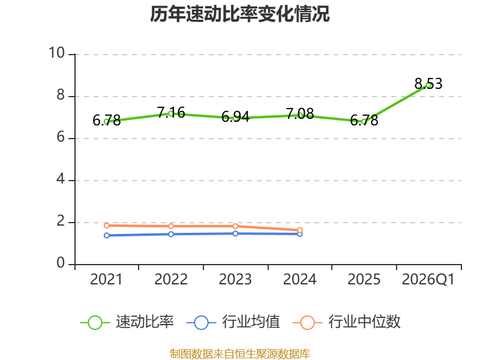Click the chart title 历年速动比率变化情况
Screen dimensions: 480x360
(x=239, y=14)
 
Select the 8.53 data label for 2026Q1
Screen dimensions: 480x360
(x=428, y=83)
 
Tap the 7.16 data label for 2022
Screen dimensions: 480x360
(x=171, y=112)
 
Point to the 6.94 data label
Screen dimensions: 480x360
(x=235, y=116)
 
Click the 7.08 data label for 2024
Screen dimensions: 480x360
(x=299, y=113)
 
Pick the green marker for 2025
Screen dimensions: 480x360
(x=364, y=122)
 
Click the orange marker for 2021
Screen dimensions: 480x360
(x=107, y=226)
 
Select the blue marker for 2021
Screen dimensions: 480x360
(x=107, y=235)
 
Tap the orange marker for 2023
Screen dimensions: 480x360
(x=235, y=226)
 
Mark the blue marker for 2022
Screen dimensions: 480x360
(x=171, y=234)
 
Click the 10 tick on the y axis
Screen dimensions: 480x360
(x=56, y=53)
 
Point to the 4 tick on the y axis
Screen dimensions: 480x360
(x=61, y=179)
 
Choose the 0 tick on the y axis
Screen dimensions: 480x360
(x=61, y=263)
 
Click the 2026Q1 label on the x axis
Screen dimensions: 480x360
(x=428, y=280)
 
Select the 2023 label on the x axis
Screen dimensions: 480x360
(x=235, y=280)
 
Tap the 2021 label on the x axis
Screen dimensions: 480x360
(x=106, y=280)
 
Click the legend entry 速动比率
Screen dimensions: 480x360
(x=127, y=322)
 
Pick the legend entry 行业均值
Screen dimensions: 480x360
(x=233, y=322)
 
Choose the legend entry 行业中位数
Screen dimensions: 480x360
(x=347, y=322)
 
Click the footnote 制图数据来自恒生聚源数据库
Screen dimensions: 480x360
(x=239, y=353)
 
